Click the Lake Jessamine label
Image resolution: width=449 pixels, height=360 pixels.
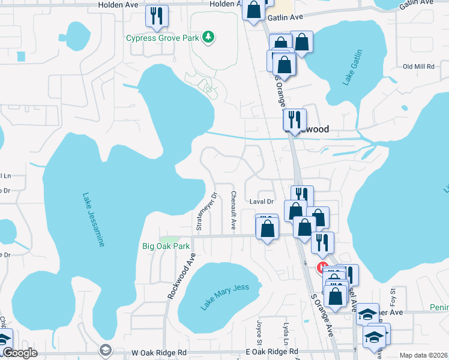(94, 220)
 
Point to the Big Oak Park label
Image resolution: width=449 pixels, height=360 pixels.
(166, 246)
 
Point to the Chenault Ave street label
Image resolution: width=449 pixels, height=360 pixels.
(233, 211)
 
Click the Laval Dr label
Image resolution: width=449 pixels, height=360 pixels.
(261, 202)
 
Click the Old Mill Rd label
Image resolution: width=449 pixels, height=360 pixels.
(418, 67)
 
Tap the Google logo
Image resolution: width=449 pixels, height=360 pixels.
(20, 353)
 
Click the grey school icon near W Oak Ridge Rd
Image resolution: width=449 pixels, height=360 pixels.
(105, 350)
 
